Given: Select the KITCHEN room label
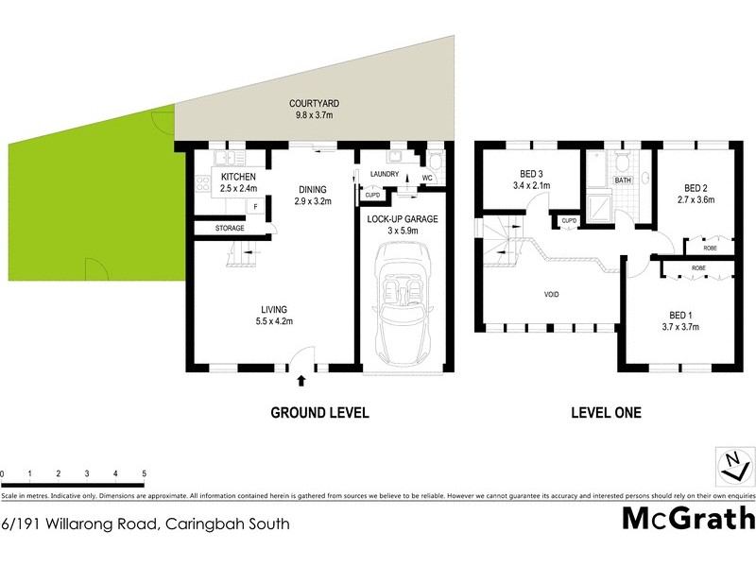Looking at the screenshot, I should (238, 177).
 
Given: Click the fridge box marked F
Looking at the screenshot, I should (253, 206).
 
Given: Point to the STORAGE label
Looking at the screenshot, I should (230, 228).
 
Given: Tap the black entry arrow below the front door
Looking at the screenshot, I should (301, 381).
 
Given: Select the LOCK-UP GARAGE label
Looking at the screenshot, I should (404, 218).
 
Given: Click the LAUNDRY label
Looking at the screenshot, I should (385, 174).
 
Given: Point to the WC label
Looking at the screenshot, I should (426, 178).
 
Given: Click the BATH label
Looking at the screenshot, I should (623, 180).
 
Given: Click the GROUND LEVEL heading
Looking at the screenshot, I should (319, 413).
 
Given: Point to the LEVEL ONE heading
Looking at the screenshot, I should (606, 413).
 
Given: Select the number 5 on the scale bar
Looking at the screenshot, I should (144, 472).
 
